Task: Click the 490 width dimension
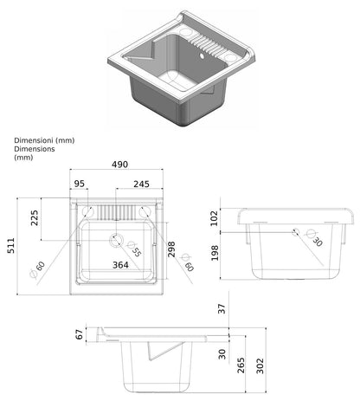tap(119, 165)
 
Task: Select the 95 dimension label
tap(80, 184)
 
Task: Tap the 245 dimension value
tap(141, 184)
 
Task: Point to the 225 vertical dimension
tap(35, 218)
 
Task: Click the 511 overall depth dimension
tap(11, 246)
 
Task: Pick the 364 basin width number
tap(120, 265)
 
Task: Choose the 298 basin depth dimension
tap(171, 249)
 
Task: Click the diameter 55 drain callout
tap(134, 249)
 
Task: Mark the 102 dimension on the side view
tap(214, 218)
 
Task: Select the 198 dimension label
tap(215, 253)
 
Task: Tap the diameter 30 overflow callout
tap(314, 238)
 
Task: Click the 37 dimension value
tap(222, 309)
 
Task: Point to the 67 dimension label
tap(79, 334)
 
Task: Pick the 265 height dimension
tap(241, 365)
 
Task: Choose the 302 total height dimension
tap(260, 365)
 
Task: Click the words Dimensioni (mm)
tap(44, 140)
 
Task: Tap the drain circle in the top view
tap(116, 240)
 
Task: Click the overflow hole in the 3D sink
tap(202, 56)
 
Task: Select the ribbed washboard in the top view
tap(116, 212)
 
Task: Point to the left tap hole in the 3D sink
tap(185, 30)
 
